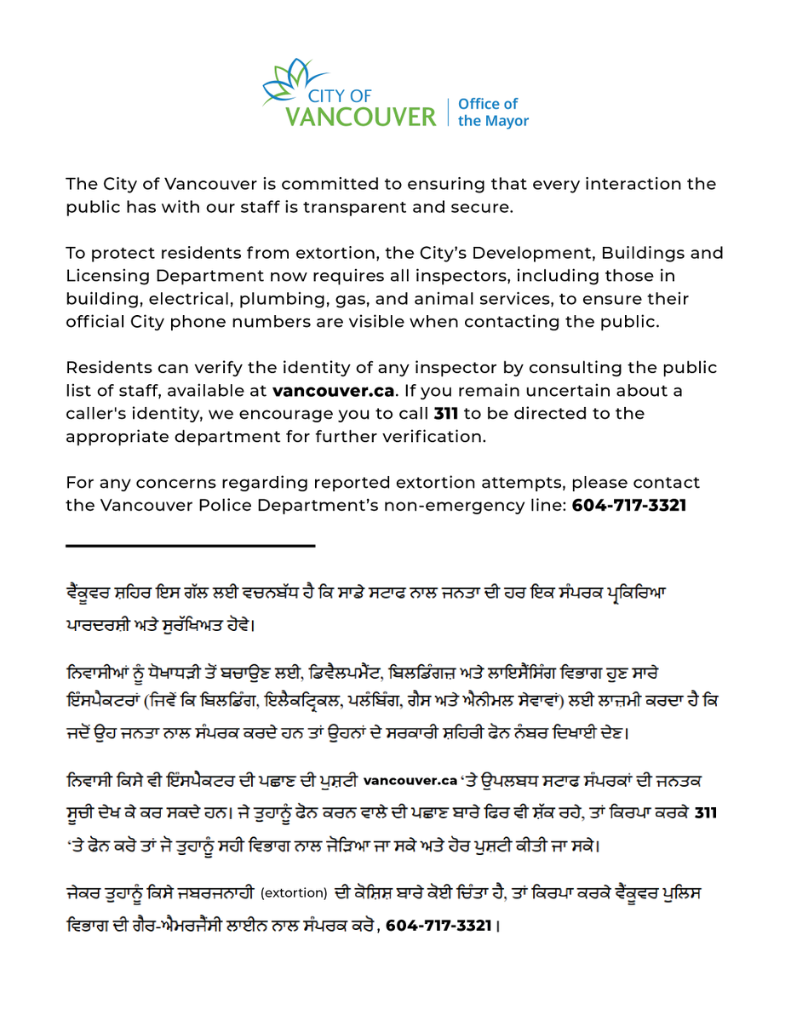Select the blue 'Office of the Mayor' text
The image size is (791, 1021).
click(493, 112)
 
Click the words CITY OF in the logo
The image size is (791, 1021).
click(340, 94)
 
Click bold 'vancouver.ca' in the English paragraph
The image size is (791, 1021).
click(334, 391)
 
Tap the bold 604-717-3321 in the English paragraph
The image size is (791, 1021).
click(629, 506)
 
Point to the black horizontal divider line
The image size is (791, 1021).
click(191, 545)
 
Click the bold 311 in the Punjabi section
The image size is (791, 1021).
click(706, 813)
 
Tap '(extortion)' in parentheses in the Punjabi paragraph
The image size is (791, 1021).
click(294, 893)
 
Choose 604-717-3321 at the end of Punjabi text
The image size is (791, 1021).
click(438, 926)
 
